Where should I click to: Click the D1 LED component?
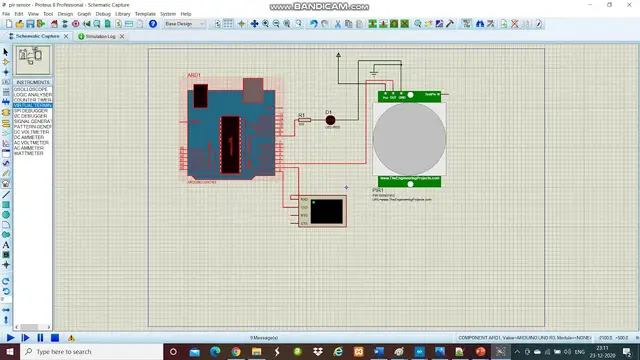[x=330, y=120]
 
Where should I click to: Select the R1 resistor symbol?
[x=303, y=121]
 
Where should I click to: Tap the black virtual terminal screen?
[x=326, y=210]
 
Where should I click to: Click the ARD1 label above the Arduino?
[x=194, y=75]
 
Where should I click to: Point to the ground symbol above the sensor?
[x=373, y=71]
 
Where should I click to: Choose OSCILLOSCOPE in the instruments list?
[x=33, y=88]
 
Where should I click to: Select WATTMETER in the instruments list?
[x=31, y=153]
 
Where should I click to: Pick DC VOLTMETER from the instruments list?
[x=33, y=132]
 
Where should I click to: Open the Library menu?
[x=122, y=14]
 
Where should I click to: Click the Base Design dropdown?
[x=184, y=23]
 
